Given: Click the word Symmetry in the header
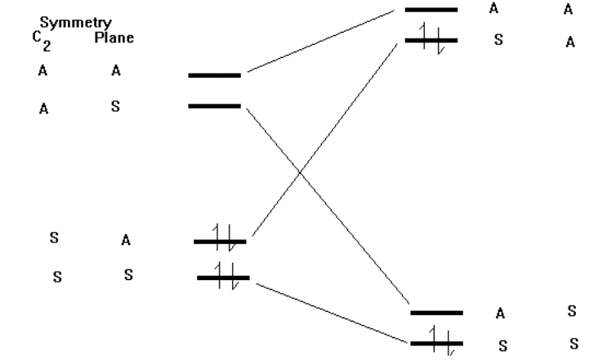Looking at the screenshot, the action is point(75,23).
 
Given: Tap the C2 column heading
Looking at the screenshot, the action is point(42,41).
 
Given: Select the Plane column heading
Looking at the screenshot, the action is point(114,38).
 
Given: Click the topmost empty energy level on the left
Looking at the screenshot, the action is point(215,75).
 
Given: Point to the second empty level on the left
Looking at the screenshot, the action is point(215,106).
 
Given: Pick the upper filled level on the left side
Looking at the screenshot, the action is point(220,242).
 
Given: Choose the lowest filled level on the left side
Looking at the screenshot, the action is point(223,278).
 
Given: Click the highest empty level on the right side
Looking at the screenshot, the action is point(431,10).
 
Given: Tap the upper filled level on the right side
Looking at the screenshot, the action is point(431,40).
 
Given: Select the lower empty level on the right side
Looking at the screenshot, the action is point(436,313).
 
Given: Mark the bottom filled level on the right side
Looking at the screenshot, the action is point(436,343).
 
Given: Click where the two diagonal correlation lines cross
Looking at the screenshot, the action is point(299,172).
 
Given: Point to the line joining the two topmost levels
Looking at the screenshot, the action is point(321,41).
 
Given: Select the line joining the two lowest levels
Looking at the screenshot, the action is point(332,313).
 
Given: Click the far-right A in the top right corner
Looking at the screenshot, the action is point(568,9).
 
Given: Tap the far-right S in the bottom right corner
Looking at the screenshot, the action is point(574,344).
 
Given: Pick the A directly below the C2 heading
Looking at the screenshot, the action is point(42,70).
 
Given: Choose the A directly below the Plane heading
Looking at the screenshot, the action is point(116,70).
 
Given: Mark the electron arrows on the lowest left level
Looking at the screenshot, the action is point(226,276).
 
